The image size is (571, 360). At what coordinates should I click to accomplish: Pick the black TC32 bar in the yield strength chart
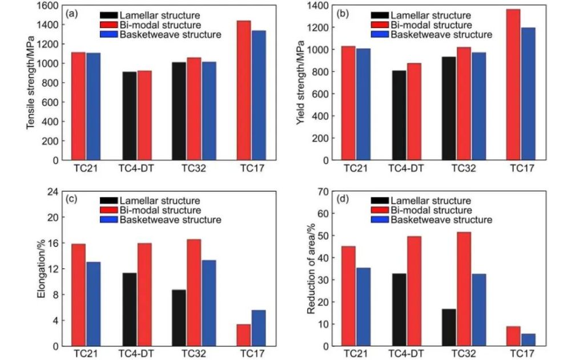pyautogui.click(x=448, y=108)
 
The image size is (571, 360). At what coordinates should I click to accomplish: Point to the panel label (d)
pyautogui.click(x=344, y=200)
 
